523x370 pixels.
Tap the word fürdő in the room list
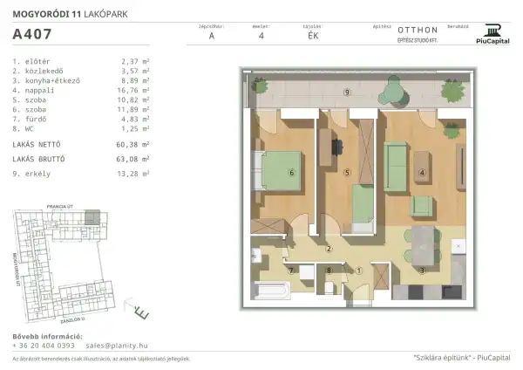[34, 118]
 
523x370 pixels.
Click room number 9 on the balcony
[347, 92]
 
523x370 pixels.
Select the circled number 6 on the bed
[291, 173]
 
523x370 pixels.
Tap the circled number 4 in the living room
[422, 173]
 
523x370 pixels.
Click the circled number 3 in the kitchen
[423, 271]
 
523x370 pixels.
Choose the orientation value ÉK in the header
[313, 37]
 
